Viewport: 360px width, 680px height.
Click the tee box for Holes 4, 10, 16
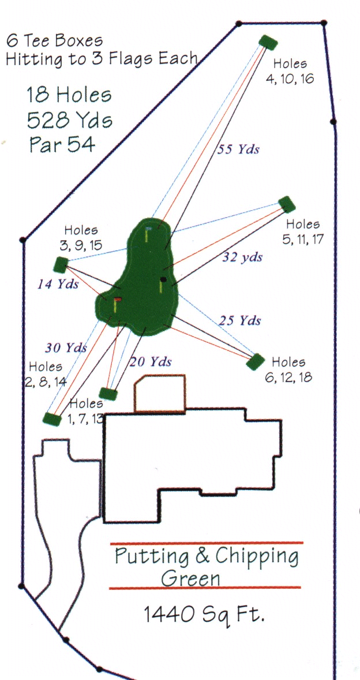click(x=268, y=43)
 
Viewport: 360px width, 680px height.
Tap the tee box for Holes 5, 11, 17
click(x=287, y=204)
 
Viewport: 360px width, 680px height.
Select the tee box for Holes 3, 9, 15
click(x=61, y=264)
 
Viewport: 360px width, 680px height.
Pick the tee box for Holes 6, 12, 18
click(x=256, y=362)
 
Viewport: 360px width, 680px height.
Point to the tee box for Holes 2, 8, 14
click(x=52, y=419)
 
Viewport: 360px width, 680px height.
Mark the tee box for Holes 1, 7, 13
click(x=108, y=394)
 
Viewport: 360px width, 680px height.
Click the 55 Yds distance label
click(x=238, y=150)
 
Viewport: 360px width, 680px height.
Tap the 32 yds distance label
click(x=243, y=257)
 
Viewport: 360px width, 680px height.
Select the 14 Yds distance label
click(x=58, y=285)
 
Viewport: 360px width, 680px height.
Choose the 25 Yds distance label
click(x=239, y=320)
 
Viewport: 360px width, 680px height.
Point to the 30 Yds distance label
click(x=66, y=348)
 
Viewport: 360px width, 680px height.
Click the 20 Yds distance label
click(x=151, y=361)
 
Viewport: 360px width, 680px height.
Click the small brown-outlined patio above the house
click(x=160, y=393)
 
